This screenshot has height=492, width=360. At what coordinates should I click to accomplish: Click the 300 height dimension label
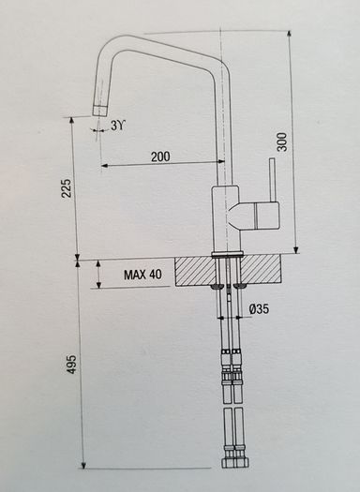click(x=282, y=142)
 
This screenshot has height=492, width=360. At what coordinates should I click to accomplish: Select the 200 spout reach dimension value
click(x=160, y=157)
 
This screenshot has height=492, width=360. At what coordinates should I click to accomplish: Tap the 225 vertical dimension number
click(x=67, y=188)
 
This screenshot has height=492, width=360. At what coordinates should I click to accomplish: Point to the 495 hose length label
click(x=71, y=365)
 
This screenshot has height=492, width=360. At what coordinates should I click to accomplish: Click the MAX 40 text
click(x=142, y=275)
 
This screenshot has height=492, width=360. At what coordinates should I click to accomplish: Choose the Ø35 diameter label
click(x=259, y=309)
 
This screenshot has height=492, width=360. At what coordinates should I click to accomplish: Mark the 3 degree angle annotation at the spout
click(x=118, y=126)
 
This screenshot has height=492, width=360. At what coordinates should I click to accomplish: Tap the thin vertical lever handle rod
click(x=272, y=180)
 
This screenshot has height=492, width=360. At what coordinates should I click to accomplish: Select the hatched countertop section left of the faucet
click(x=195, y=271)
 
